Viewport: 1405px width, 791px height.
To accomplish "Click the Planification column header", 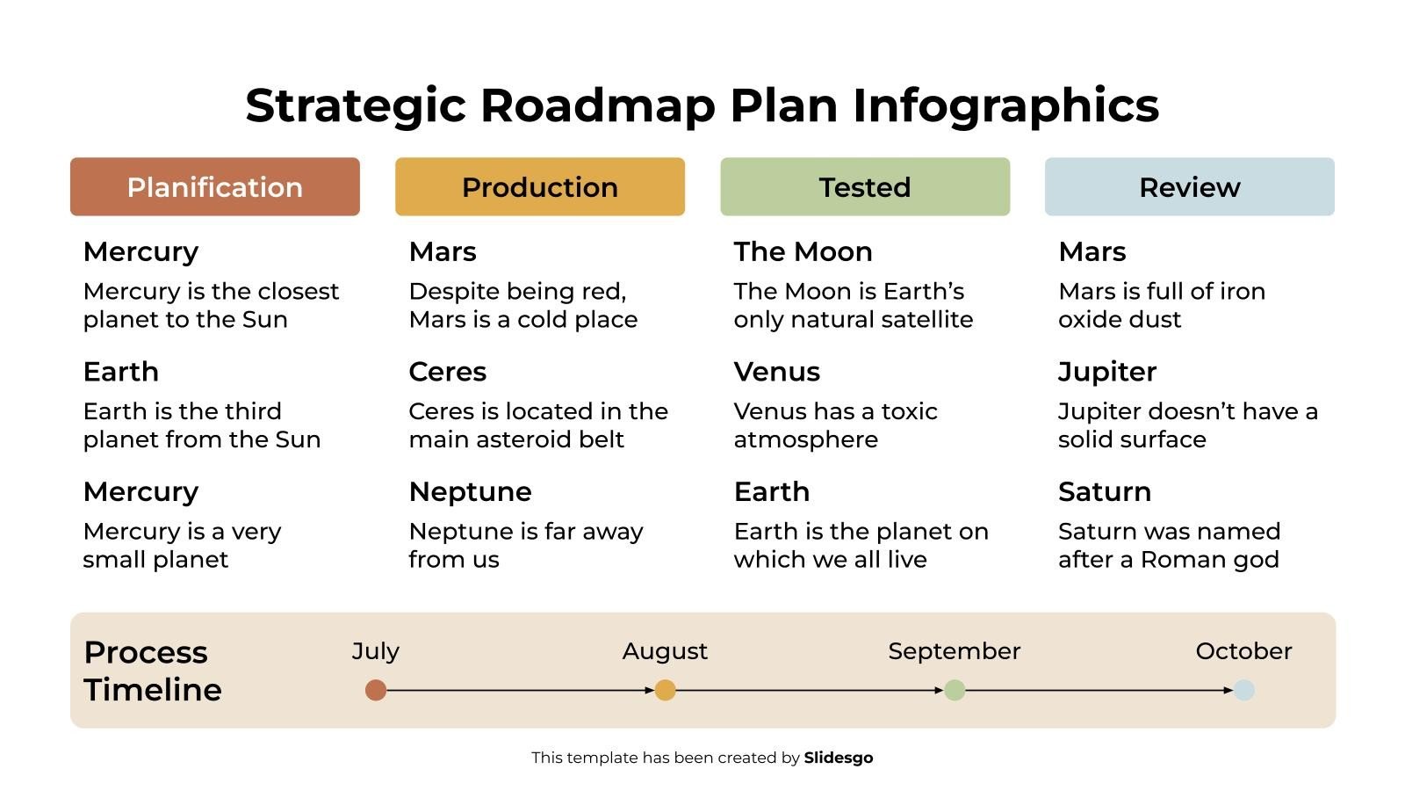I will (x=214, y=187).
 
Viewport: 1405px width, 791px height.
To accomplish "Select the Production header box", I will (x=539, y=187).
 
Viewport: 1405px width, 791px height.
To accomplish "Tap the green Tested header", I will (x=865, y=187).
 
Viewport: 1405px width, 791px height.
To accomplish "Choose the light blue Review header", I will (x=1189, y=187).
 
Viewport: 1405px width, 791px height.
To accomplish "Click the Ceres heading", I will (x=447, y=372).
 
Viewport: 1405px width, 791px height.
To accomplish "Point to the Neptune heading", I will (x=470, y=491).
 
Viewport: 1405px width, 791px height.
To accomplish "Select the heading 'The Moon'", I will (x=803, y=252).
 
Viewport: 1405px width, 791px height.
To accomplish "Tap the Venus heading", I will (x=776, y=372).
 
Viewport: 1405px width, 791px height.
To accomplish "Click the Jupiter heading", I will (x=1106, y=372).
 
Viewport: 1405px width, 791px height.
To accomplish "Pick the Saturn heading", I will (x=1104, y=491).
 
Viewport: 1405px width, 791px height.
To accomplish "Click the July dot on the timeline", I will (x=376, y=690).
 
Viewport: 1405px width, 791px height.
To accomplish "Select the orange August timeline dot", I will (x=665, y=690).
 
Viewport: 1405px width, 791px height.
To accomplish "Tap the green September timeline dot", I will (x=955, y=690).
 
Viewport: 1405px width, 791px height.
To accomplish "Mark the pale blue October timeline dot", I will (x=1243, y=690).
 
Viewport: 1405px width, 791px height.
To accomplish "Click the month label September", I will (x=954, y=651).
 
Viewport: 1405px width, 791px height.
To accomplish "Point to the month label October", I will (x=1243, y=651).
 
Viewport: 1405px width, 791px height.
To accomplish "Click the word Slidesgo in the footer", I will (x=838, y=758).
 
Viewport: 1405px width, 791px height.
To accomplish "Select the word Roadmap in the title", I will (x=598, y=105).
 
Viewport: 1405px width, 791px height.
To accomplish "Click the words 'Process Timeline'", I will (x=152, y=671).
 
